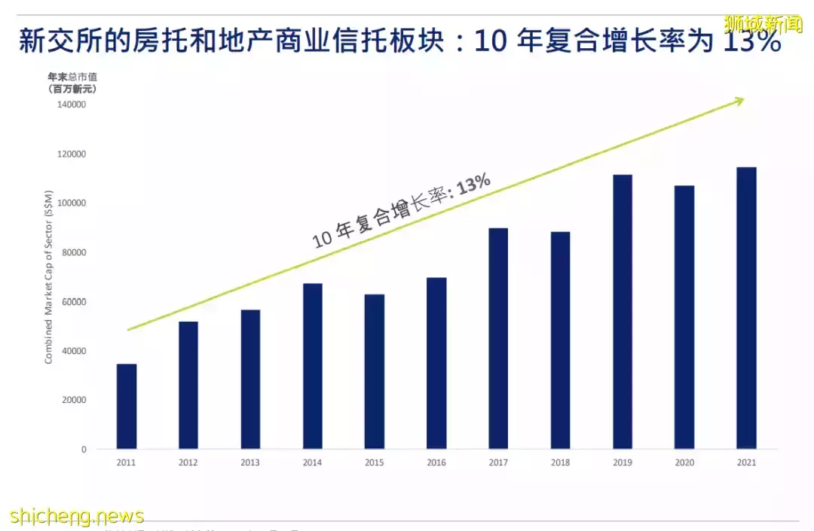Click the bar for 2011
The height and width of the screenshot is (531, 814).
(x=127, y=407)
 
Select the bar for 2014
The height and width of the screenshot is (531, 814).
(x=312, y=366)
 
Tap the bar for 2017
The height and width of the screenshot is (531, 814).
(x=498, y=339)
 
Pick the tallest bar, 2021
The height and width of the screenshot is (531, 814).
(x=746, y=308)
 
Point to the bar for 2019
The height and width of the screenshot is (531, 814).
(x=622, y=312)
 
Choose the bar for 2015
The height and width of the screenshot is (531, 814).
(x=375, y=371)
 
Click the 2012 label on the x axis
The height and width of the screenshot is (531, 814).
(x=188, y=462)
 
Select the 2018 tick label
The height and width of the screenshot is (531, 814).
(x=560, y=462)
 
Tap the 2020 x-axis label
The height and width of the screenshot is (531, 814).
(x=684, y=462)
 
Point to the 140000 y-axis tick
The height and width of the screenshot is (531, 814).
(x=72, y=105)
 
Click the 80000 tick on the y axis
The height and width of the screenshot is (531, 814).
(x=74, y=252)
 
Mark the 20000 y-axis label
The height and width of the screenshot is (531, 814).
(x=74, y=400)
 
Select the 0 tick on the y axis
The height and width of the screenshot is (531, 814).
(x=84, y=450)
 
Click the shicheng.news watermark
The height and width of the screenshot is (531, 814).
(x=77, y=516)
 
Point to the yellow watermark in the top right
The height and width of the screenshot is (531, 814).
(x=763, y=24)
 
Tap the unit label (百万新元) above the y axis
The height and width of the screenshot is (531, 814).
(x=72, y=88)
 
